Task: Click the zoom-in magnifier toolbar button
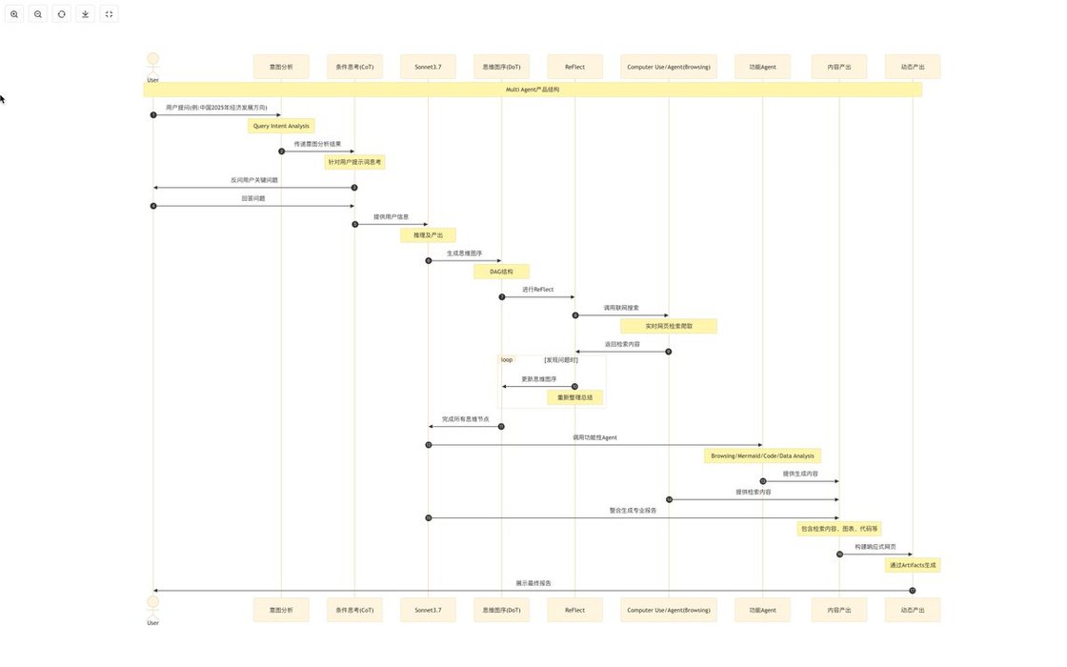[14, 14]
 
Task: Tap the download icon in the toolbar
[86, 14]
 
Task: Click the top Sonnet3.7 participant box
[428, 67]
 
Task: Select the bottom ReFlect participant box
[574, 610]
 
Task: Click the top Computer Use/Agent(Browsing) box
[669, 67]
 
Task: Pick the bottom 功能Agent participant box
[762, 610]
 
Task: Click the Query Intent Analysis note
[281, 126]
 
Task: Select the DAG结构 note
[501, 272]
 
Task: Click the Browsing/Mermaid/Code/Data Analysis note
[762, 455]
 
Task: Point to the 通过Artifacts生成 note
[913, 565]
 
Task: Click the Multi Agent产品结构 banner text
[533, 90]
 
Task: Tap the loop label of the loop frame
[507, 360]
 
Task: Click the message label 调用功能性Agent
[594, 437]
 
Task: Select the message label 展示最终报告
[533, 582]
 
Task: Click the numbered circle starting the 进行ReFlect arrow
[502, 297]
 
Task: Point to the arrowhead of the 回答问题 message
[352, 206]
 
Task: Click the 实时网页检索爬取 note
[669, 326]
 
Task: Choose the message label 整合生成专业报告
[633, 511]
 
